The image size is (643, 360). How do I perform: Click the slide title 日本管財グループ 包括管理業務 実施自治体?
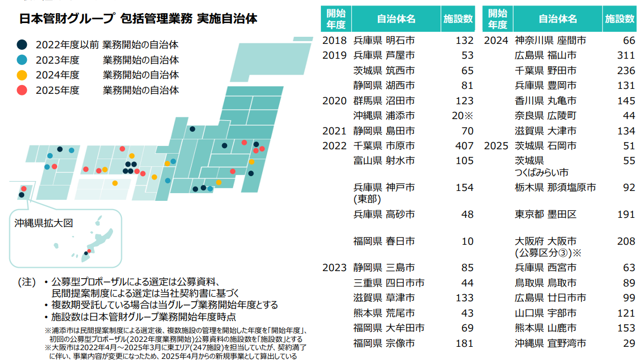pos(138,19)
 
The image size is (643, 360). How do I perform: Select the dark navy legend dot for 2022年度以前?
pos(21,45)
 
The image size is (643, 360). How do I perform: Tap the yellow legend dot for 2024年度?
pos(21,75)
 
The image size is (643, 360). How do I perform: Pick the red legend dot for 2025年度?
pos(21,91)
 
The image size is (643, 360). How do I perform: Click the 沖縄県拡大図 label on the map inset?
pos(44,223)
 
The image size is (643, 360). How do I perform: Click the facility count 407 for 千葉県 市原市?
pos(464,146)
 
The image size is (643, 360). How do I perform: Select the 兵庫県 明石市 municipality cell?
pos(383,40)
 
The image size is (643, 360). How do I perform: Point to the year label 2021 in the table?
pos(334,131)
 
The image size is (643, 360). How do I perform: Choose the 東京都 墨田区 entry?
pos(545,215)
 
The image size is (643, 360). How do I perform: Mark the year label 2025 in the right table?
pos(495,146)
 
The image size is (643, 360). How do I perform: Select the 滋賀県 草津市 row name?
pos(384,298)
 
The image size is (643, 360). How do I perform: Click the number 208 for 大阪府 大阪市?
pos(625,241)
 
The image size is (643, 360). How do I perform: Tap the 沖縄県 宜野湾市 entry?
pos(550,344)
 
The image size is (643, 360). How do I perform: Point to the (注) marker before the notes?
pos(27,282)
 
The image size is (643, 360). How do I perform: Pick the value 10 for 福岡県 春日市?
pos(467,241)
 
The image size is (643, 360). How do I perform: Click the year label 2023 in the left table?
pos(334,268)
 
